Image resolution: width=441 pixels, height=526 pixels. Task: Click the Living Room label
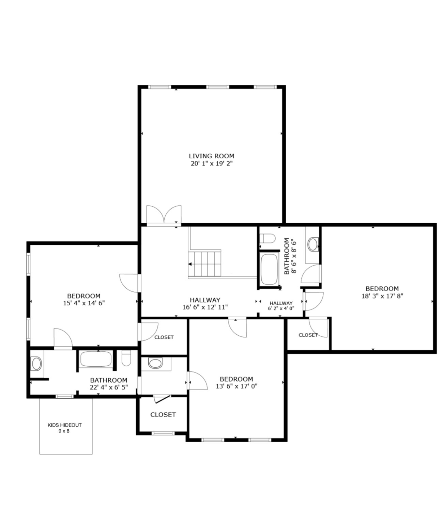coord(211,156)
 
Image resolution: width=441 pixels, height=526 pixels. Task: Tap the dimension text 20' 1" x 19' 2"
coord(211,163)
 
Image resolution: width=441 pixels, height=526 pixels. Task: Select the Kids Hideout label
coord(64,425)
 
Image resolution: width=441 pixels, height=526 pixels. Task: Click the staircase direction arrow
coord(190,264)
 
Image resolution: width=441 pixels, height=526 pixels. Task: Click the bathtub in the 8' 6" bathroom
coord(269,269)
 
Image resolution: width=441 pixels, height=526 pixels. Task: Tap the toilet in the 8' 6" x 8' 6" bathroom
coord(267,238)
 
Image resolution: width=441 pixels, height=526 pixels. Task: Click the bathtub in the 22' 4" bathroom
coord(96,359)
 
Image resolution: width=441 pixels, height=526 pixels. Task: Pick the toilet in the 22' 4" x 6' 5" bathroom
coord(126,358)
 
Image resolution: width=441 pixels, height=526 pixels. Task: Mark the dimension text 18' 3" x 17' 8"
coord(382,296)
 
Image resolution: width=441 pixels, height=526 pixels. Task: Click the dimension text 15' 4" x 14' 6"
coord(84,303)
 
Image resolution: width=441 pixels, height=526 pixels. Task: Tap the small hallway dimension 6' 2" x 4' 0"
coord(281,308)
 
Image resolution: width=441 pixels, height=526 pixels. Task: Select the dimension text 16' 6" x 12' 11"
coord(205,307)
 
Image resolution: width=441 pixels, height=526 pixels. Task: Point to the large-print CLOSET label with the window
coord(163,415)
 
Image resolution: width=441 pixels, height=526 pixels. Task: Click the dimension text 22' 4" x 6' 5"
coord(109,387)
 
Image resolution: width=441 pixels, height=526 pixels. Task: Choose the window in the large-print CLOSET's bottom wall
coord(163,433)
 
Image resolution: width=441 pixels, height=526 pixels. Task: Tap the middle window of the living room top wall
coord(217,87)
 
